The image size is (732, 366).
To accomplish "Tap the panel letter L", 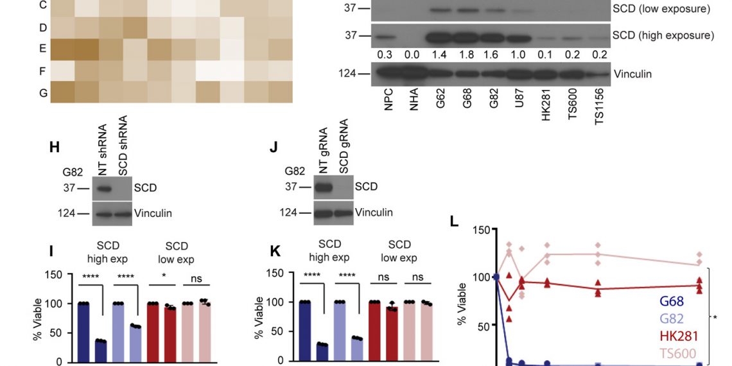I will (454, 222).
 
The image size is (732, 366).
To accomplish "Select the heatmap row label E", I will (43, 49).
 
